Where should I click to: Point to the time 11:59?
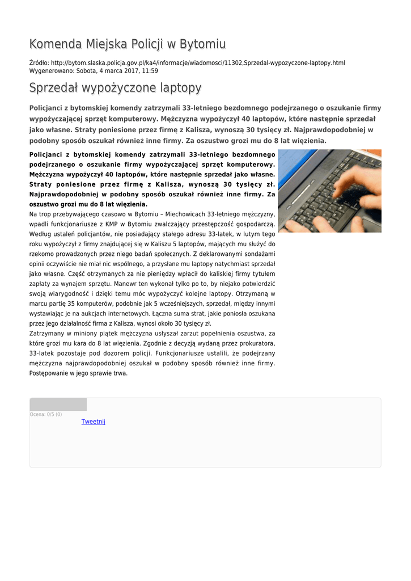click(150, 71)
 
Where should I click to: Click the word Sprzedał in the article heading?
click(54, 88)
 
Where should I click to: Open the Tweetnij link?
click(94, 422)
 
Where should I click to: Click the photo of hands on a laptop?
click(329, 191)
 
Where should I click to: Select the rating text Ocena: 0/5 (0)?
click(46, 415)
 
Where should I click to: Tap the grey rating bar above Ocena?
click(58, 405)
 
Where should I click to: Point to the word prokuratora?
click(253, 343)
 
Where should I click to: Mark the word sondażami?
click(256, 254)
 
